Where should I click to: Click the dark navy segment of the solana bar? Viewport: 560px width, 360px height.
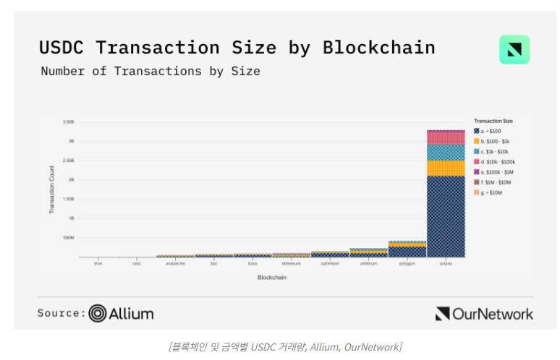tap(446, 216)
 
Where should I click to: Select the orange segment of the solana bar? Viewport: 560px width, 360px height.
tap(446, 168)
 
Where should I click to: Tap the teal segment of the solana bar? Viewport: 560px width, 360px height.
tap(446, 152)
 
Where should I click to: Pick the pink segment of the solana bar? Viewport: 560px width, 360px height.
tap(446, 137)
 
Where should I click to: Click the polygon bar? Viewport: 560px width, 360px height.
tap(407, 249)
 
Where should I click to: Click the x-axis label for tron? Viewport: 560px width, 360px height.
tap(98, 264)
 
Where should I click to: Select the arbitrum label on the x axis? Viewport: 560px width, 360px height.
tap(368, 264)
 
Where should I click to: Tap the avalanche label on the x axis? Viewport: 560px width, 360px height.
tap(175, 264)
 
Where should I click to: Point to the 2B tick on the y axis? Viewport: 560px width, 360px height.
tap(71, 179)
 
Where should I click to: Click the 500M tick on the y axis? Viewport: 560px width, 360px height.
tap(68, 237)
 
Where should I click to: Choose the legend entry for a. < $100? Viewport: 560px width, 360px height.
tap(493, 130)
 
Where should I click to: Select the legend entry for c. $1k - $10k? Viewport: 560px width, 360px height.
tap(496, 151)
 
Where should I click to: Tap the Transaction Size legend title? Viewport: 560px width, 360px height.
tap(493, 120)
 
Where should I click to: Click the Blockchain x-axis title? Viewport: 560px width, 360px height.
tap(272, 278)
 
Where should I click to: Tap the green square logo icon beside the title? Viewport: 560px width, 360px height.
tap(514, 50)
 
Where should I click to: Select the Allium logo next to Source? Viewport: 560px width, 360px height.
tap(122, 314)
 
